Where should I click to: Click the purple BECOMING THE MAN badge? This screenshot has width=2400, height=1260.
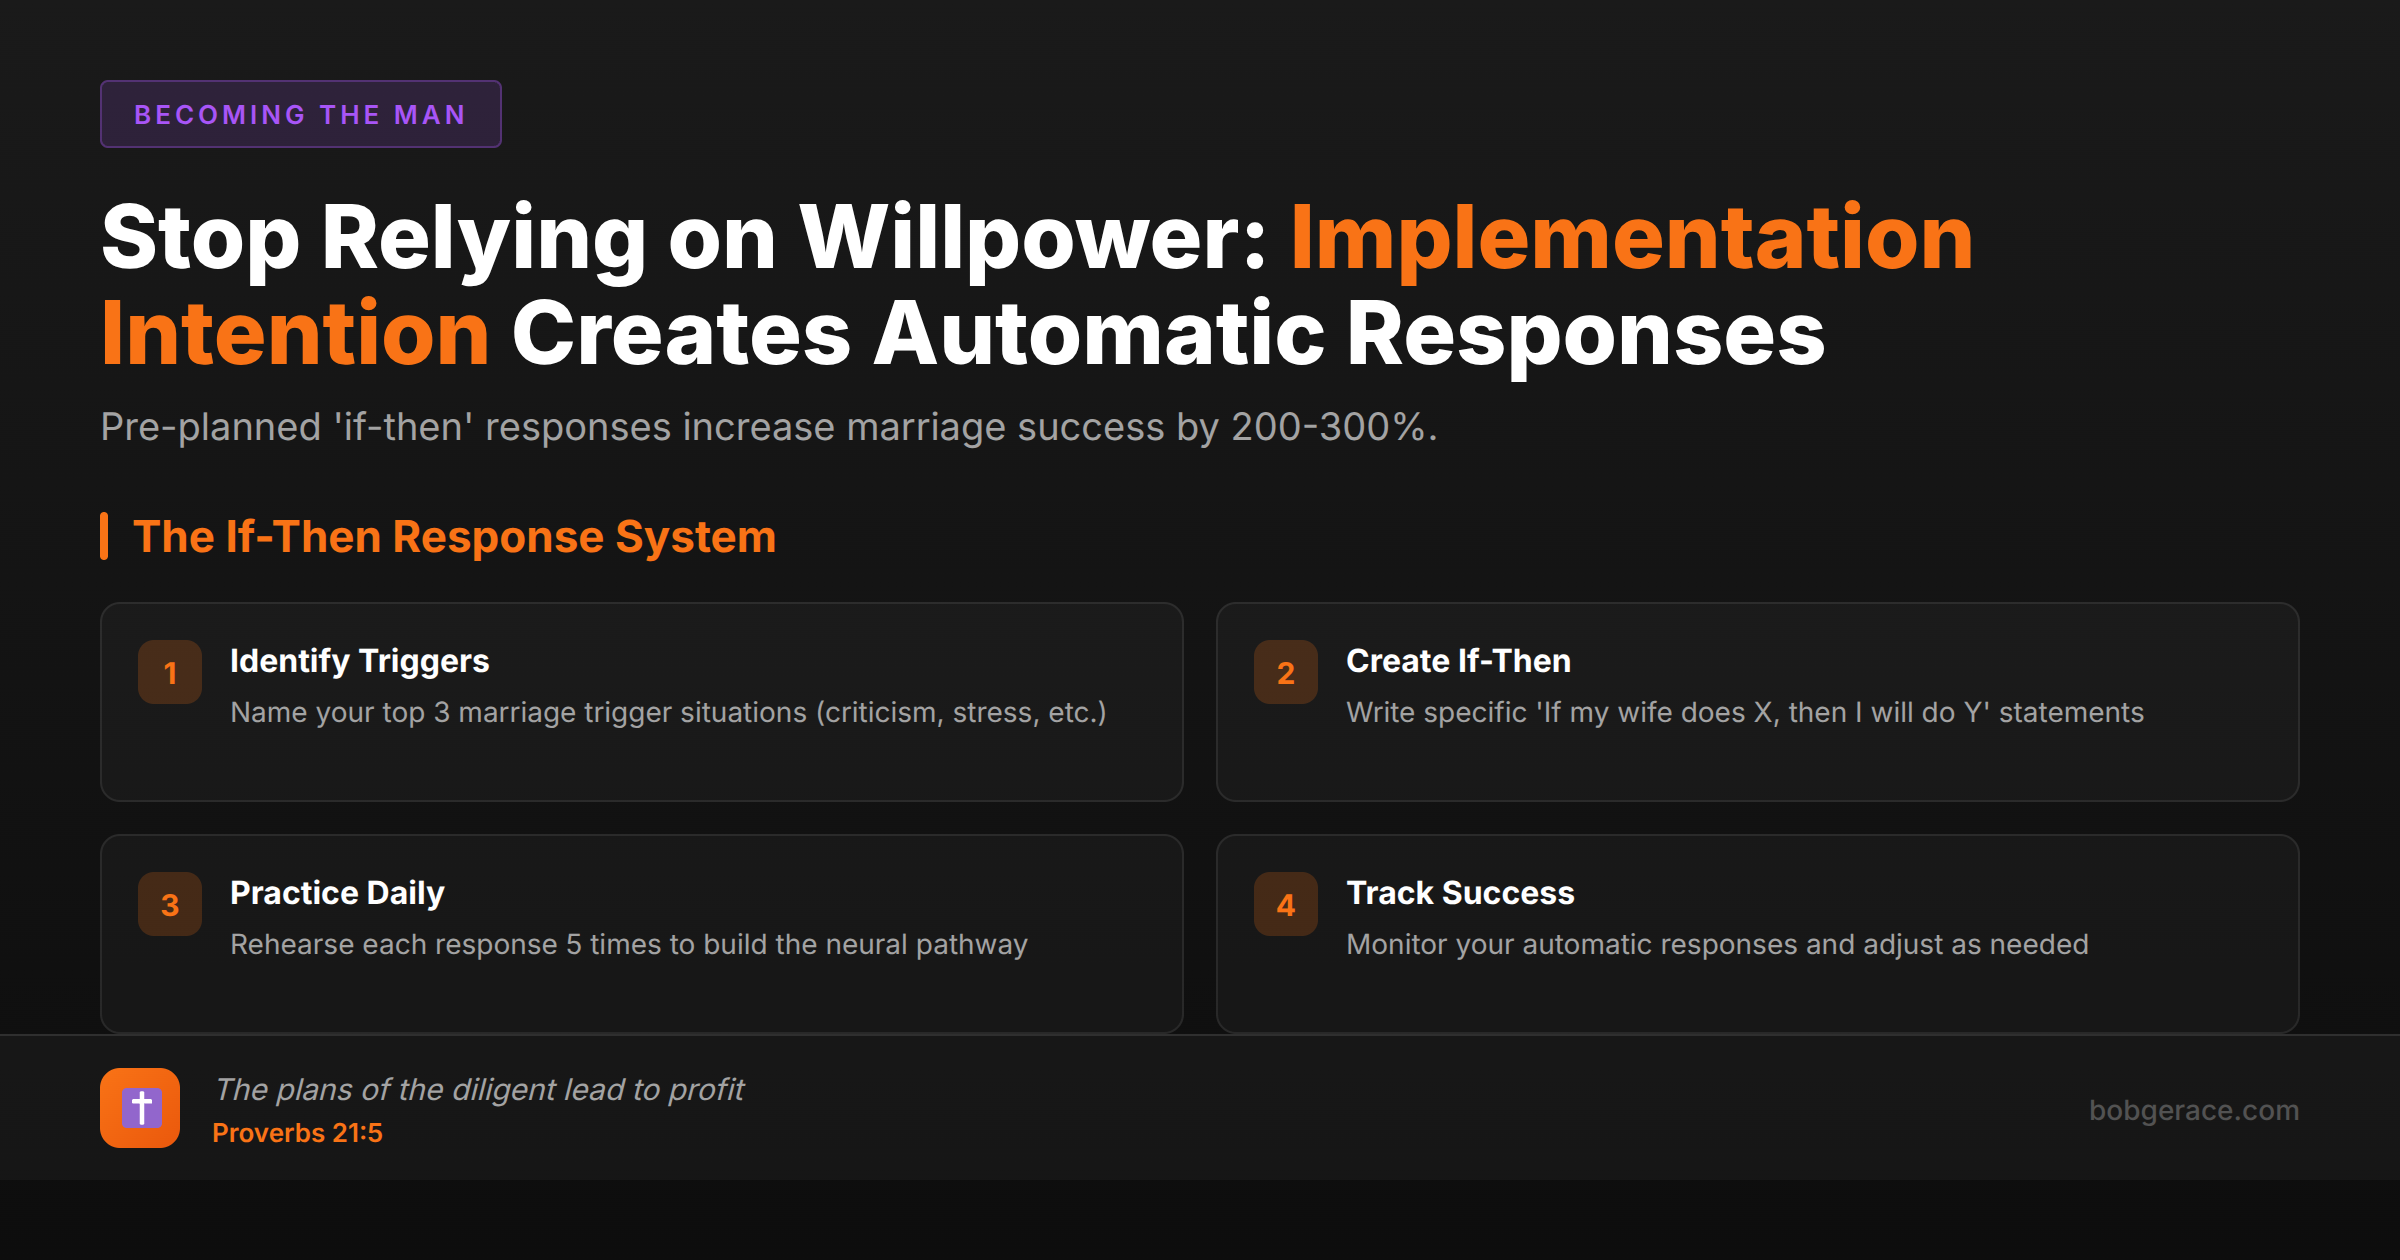coord(300,114)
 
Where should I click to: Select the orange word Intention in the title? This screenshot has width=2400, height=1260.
coord(295,334)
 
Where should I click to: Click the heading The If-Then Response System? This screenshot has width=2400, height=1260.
coord(454,537)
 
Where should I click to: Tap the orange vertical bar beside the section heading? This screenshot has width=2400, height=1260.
coord(104,536)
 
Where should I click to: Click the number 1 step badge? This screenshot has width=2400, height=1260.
coord(170,672)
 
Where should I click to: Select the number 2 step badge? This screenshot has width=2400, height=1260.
coord(1286,672)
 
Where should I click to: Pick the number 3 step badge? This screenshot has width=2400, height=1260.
coord(170,904)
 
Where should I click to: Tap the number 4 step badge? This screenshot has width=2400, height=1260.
coord(1286,904)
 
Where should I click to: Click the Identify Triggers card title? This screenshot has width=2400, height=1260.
coord(360,661)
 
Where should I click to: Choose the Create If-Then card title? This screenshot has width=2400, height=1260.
coord(1458,661)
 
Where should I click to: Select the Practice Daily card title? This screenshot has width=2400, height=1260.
coord(337,893)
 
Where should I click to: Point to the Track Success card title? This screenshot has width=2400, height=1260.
coord(1460,893)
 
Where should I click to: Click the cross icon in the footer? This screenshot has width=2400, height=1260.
coord(140,1108)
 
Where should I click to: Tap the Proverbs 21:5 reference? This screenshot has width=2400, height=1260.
coord(297,1133)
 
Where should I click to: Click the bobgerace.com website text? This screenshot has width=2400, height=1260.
coord(2194,1110)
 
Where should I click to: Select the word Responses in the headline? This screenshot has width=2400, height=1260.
coord(1586,334)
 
